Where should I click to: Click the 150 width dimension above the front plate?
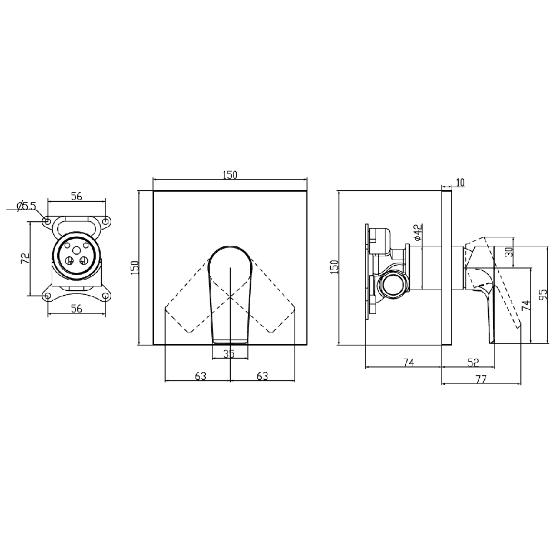coord(230,175)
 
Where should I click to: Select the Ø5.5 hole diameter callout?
coord(26,206)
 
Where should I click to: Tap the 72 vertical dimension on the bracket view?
coord(25,258)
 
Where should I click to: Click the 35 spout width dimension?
coord(229,354)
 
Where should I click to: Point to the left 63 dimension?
coord(200,375)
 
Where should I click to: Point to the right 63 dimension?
coord(262,375)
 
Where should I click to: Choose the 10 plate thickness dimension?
coord(460,182)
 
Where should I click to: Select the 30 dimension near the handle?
coord(509,252)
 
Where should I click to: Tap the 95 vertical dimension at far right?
coord(543,294)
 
